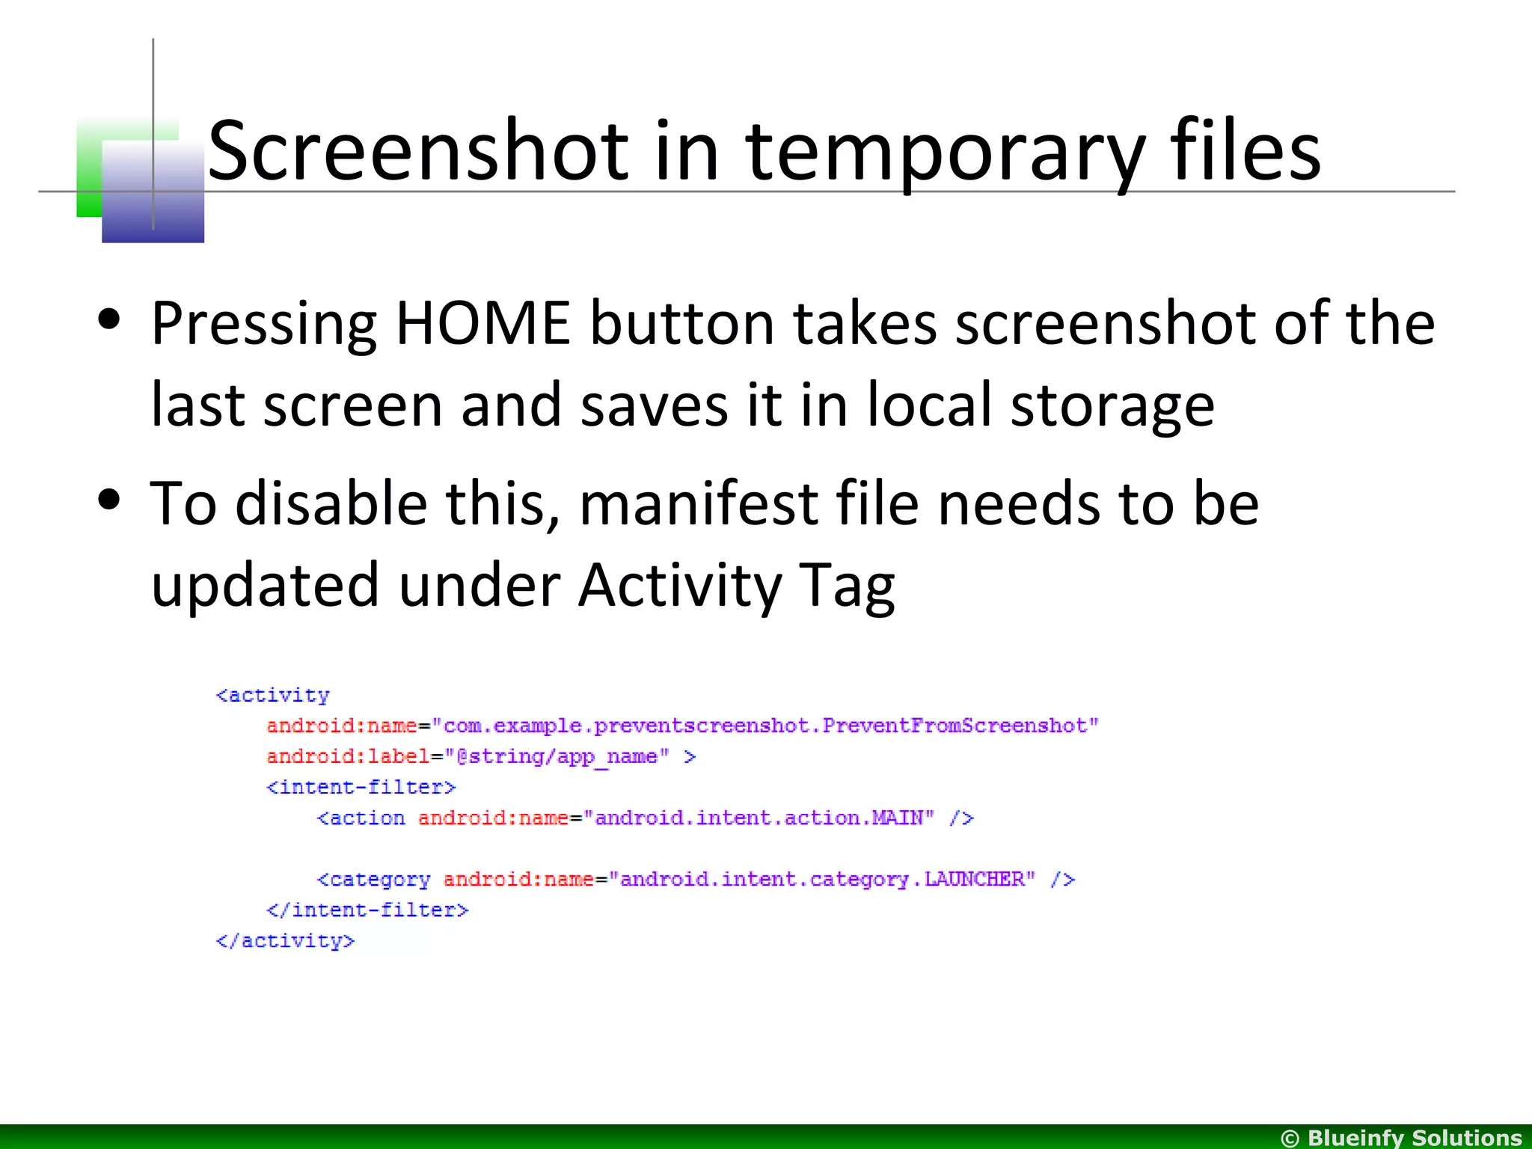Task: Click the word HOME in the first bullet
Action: tap(482, 323)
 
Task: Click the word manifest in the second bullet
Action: tap(698, 504)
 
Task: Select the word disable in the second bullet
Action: tap(331, 503)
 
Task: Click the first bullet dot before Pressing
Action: tap(109, 319)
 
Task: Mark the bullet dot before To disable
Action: tap(109, 500)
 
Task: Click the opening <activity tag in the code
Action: tap(273, 696)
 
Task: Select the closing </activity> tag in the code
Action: tap(285, 941)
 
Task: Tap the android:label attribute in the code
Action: tap(347, 756)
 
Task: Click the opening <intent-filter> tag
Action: tap(361, 787)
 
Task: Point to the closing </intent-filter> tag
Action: tap(367, 910)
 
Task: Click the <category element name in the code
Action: tap(373, 880)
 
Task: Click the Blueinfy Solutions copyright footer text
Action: tap(1401, 1138)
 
